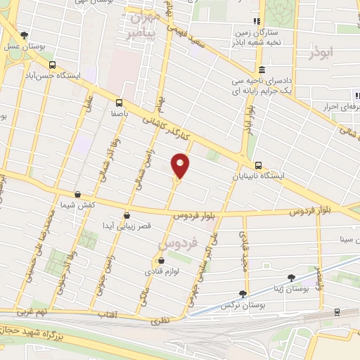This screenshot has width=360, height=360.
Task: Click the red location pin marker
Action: pyautogui.click(x=181, y=166)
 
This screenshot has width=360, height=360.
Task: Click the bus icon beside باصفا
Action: pyautogui.click(x=120, y=101)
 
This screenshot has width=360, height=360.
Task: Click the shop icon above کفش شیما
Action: pyautogui.click(x=77, y=195)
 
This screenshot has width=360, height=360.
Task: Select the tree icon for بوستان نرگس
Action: pyautogui.click(x=243, y=294)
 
